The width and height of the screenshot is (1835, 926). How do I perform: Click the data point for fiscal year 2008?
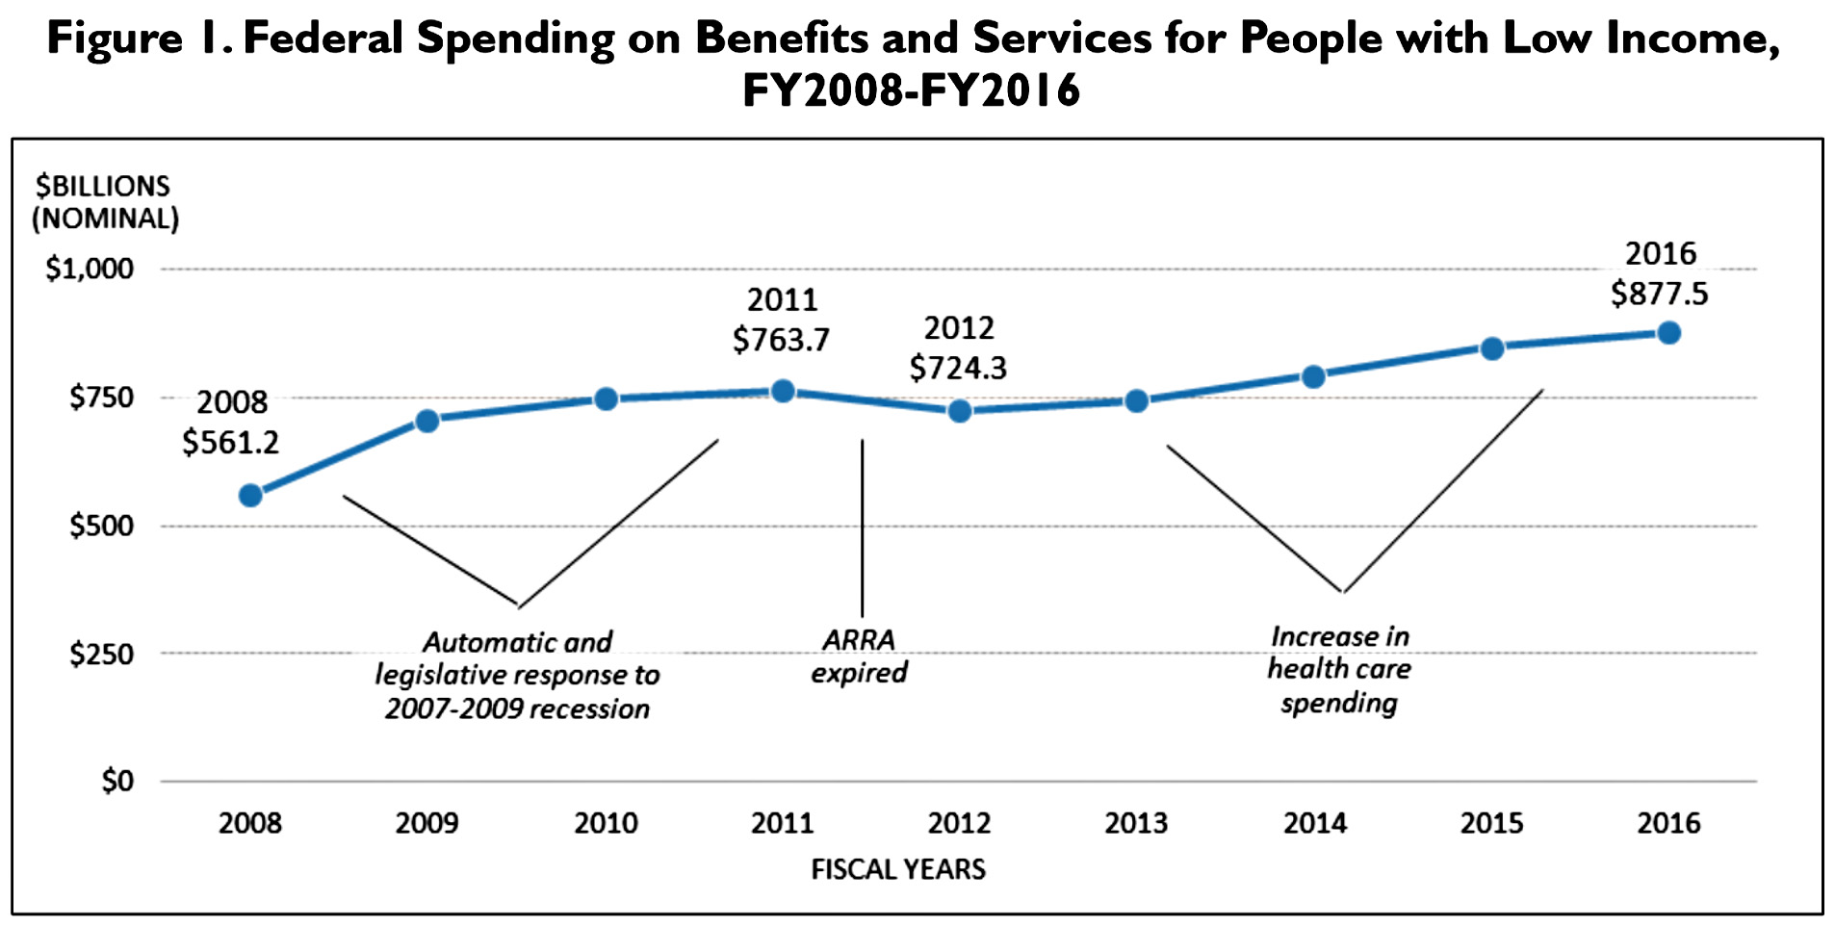250,496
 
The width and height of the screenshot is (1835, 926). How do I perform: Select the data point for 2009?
427,421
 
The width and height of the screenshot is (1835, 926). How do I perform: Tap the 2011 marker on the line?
783,392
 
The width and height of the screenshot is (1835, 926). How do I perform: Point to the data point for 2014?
1313,376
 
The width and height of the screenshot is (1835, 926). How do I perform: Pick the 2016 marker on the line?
1668,333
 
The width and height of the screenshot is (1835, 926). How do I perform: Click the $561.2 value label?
230,443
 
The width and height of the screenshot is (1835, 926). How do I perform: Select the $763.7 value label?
781,340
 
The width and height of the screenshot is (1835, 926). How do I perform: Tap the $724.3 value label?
958,368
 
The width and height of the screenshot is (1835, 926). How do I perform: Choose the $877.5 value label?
1659,294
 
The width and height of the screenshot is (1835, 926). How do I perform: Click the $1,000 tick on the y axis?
90,269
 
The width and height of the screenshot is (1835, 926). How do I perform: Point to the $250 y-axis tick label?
101,655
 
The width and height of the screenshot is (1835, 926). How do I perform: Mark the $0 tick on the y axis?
117,781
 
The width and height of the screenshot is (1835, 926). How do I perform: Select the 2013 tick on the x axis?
1136,824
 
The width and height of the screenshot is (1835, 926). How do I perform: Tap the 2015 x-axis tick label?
1491,824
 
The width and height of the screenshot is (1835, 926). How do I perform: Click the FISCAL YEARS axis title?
898,870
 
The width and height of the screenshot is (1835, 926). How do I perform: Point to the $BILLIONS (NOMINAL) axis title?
105,202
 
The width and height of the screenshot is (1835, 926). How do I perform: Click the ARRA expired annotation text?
859,656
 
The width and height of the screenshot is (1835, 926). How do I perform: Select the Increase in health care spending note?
1338,670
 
